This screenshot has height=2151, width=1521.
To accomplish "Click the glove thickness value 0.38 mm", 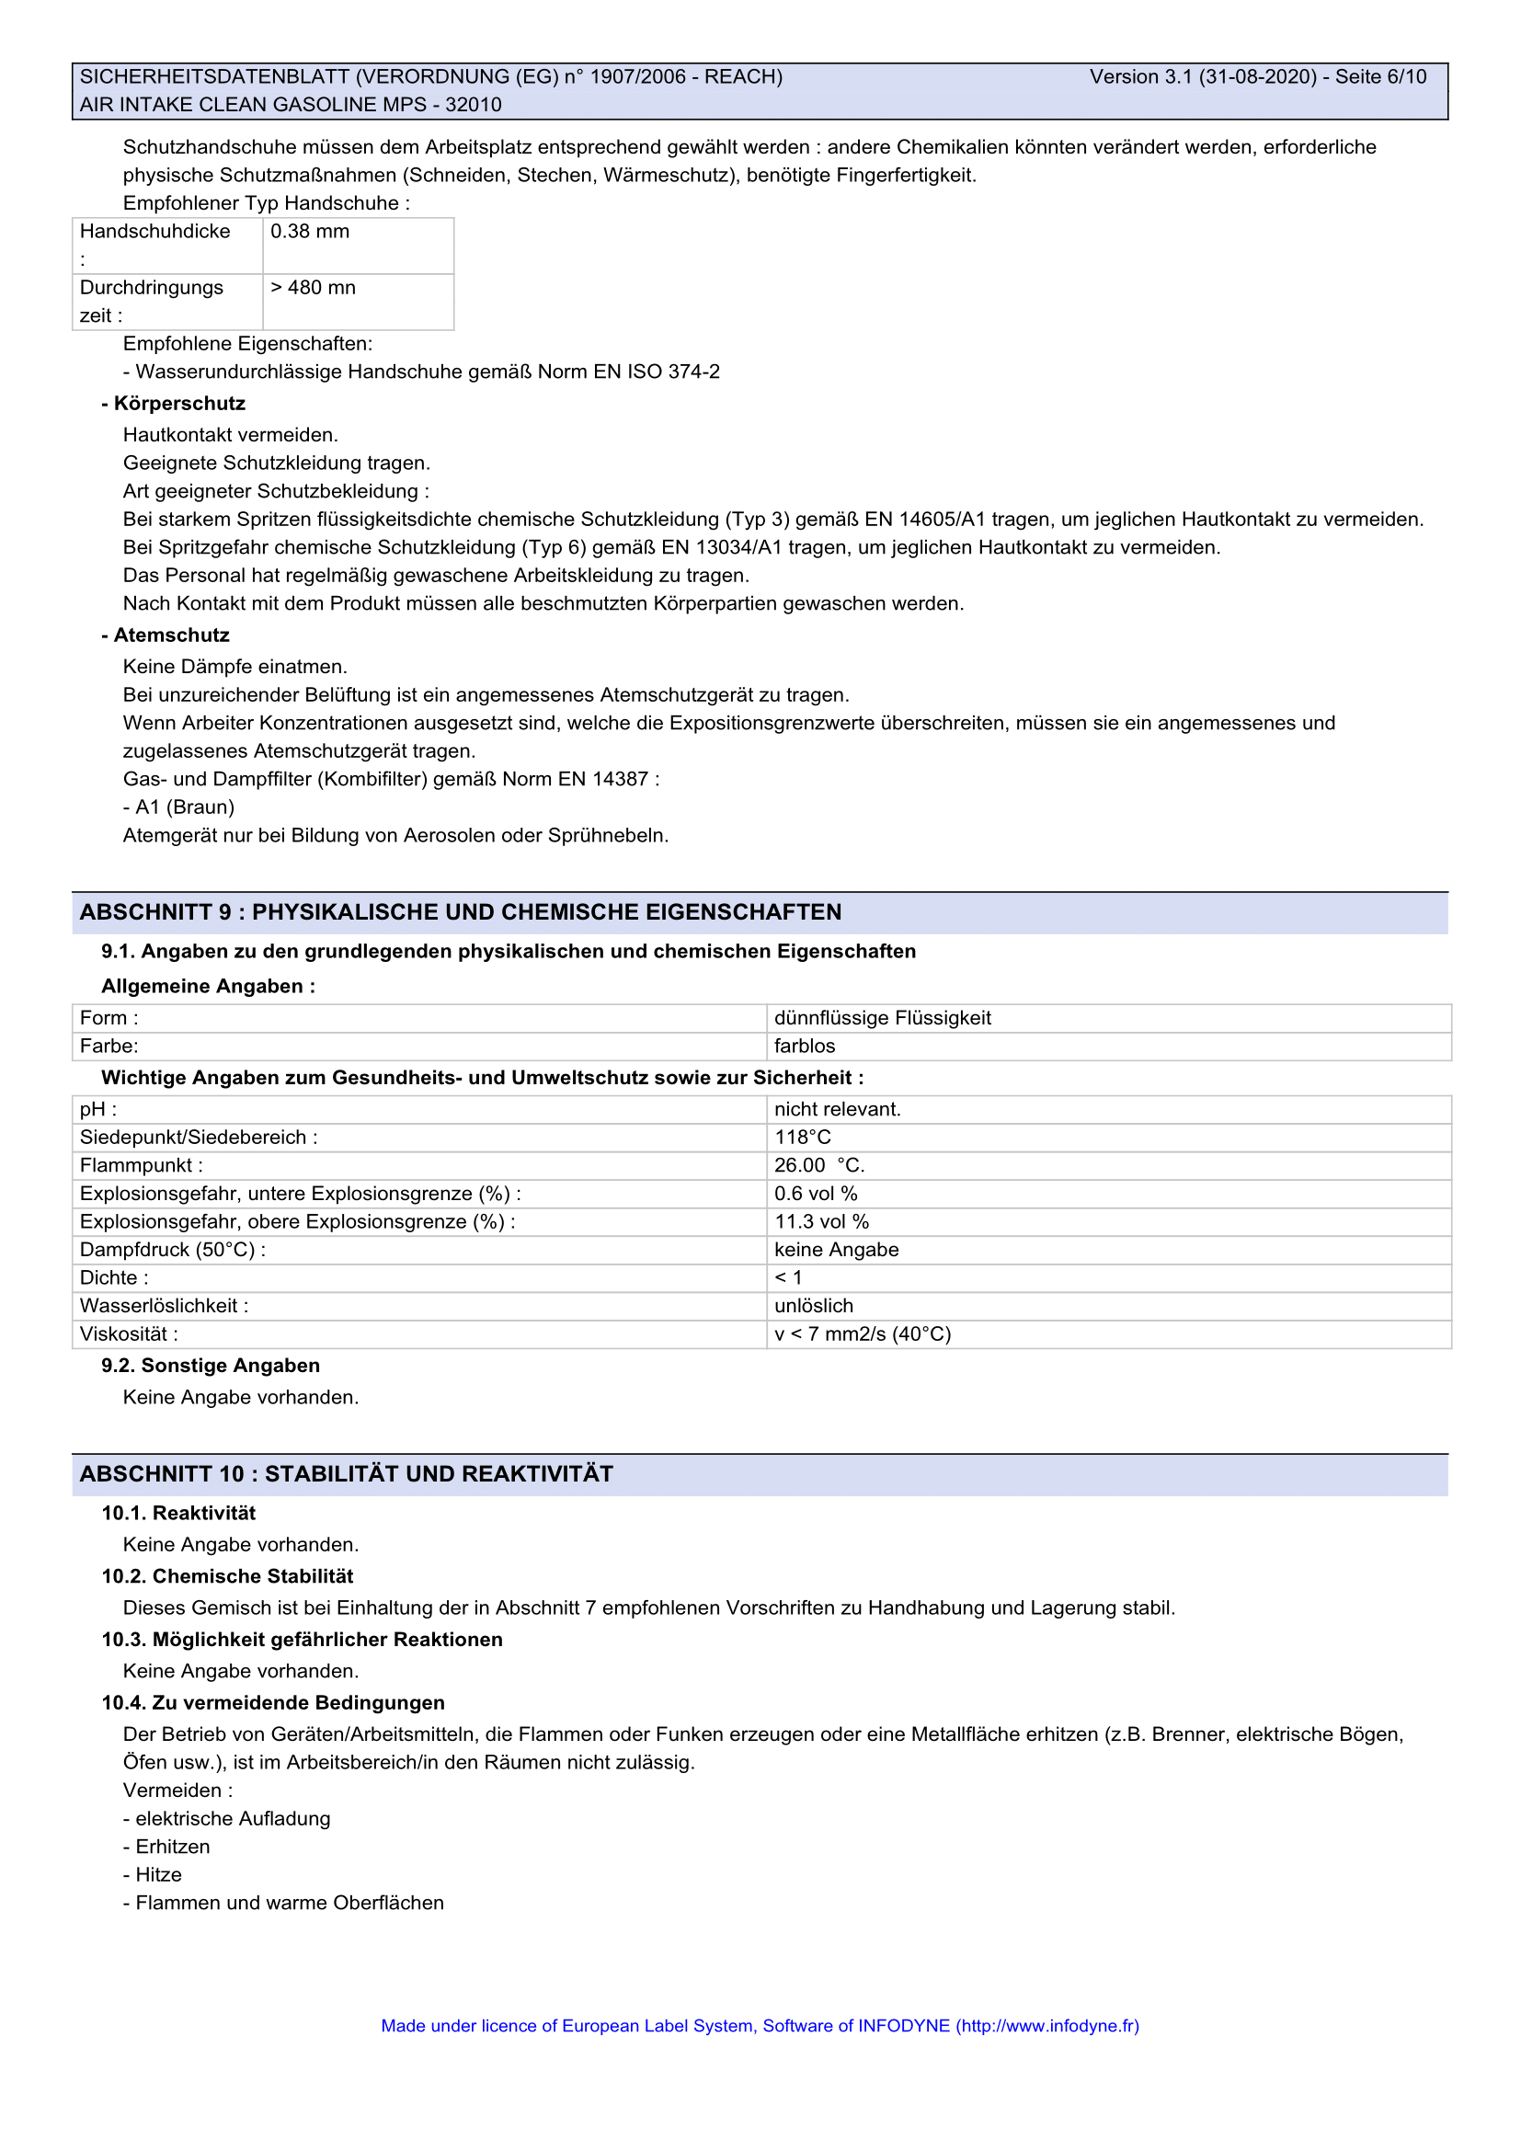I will click(x=310, y=232).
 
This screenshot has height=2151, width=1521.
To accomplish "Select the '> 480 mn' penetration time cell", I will click(x=313, y=288).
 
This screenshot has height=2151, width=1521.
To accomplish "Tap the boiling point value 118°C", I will click(x=803, y=1138).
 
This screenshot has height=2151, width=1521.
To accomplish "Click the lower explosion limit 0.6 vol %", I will click(x=816, y=1194).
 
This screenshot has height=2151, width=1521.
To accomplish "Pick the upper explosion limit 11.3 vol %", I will click(x=821, y=1221).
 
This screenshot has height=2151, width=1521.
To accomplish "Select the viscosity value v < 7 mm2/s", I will click(x=863, y=1334).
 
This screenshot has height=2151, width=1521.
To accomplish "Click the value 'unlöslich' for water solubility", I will click(x=814, y=1306).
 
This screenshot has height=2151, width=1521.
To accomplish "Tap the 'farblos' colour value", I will click(x=805, y=1047).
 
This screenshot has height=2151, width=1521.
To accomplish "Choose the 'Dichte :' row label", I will click(x=114, y=1278).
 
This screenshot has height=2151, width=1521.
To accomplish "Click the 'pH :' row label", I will click(x=98, y=1109).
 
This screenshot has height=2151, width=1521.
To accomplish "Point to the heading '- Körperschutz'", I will click(x=173, y=404).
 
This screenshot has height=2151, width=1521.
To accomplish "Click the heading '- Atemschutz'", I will click(x=166, y=635).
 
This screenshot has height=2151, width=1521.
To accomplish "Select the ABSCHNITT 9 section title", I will click(x=461, y=912).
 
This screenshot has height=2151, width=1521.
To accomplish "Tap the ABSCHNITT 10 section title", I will click(x=347, y=1473).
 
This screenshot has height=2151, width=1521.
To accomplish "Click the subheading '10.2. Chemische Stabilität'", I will click(x=227, y=1576).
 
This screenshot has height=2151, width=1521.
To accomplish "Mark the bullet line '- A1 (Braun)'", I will click(x=179, y=807).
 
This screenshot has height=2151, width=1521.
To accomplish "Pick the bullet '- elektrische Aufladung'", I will click(x=226, y=1818).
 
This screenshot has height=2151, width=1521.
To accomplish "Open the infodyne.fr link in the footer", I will click(x=1047, y=2025).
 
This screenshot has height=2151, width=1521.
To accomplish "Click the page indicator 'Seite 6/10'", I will click(x=1380, y=77).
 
